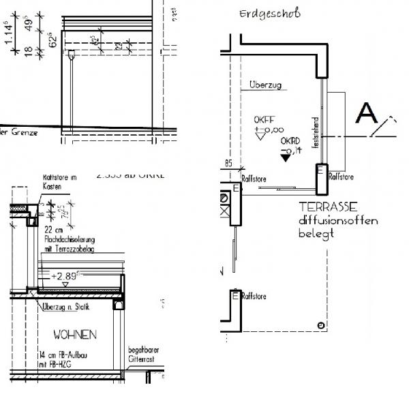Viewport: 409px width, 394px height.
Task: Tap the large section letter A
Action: (367, 112)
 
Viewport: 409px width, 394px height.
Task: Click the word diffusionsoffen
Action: (337, 222)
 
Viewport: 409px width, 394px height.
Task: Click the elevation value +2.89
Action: (65, 277)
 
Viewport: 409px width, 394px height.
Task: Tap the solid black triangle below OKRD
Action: (284, 158)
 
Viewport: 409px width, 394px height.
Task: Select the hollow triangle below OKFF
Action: (259, 136)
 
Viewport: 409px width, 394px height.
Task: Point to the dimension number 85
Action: (229, 164)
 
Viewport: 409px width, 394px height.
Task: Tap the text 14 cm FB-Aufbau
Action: (63, 356)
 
